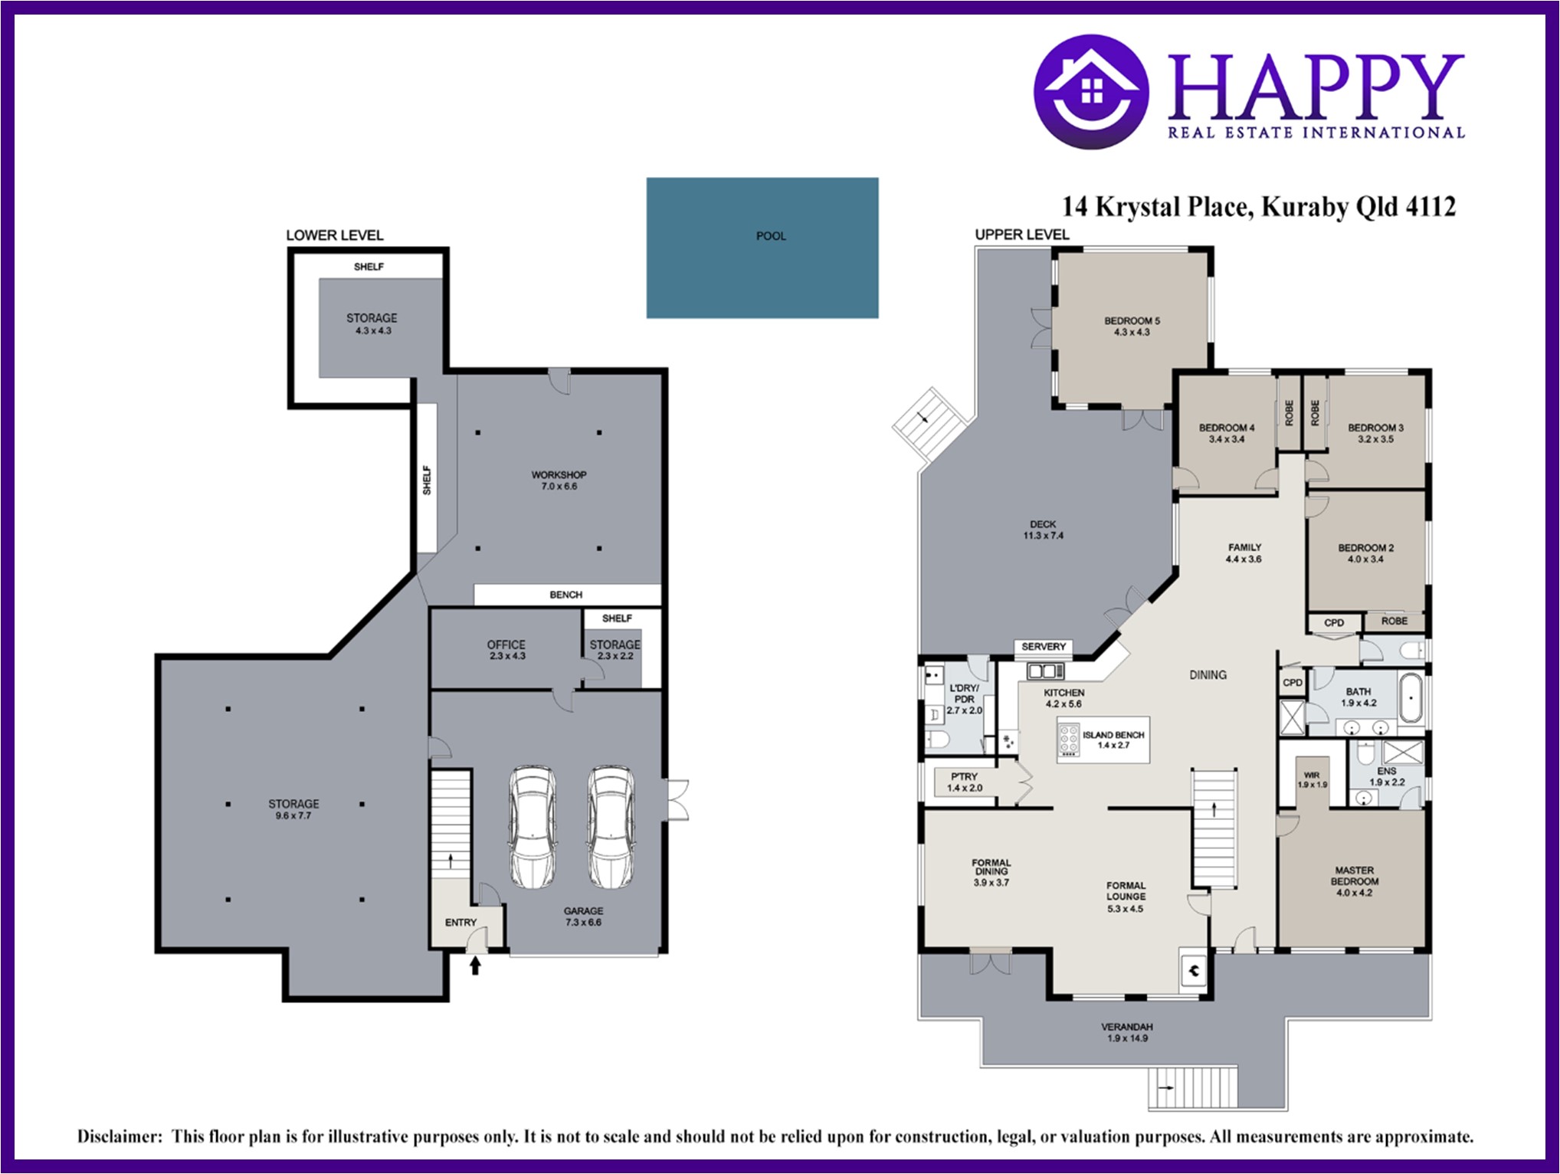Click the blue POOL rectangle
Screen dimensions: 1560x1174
[x=762, y=248]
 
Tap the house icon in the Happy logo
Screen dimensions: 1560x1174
[x=1091, y=90]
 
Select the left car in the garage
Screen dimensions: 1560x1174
[x=533, y=826]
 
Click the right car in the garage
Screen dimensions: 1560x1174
[x=611, y=826]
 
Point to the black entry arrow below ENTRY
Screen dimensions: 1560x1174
[x=475, y=965]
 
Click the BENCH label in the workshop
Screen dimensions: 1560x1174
[x=566, y=595]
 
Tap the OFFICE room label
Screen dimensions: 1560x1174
[x=506, y=644]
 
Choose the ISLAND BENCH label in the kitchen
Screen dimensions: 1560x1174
[x=1113, y=735]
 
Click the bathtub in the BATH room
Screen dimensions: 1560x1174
[x=1411, y=698]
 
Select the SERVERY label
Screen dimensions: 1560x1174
[x=1044, y=646]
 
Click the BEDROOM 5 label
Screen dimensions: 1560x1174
[x=1132, y=320]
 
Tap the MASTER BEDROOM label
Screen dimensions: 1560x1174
[x=1355, y=876]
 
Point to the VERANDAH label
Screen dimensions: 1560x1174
[x=1127, y=1027]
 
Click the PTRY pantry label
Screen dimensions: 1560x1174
[x=964, y=776]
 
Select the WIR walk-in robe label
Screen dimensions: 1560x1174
[x=1311, y=775]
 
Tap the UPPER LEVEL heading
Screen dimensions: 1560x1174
[x=1021, y=234]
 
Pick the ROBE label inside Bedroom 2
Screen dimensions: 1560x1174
[x=1394, y=621]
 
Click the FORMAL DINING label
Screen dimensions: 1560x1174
[x=991, y=867]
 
